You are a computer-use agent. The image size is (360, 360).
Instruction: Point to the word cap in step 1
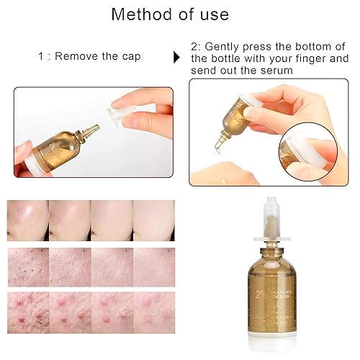click(130, 55)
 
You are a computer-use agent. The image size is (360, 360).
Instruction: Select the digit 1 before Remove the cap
click(41, 55)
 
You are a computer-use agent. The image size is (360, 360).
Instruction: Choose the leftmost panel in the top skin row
click(27, 220)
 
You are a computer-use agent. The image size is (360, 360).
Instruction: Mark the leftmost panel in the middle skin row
click(27, 267)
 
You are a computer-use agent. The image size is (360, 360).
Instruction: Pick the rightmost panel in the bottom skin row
click(153, 312)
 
